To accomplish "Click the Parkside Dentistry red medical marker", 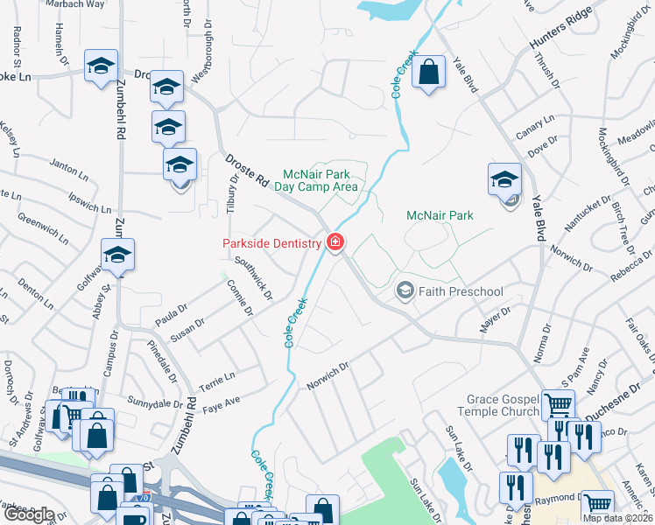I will (x=335, y=241).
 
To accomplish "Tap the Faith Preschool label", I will (x=461, y=291).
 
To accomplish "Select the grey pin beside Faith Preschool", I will (x=405, y=290).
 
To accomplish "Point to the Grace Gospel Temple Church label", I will (x=497, y=405).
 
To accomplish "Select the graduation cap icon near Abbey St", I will (x=117, y=255).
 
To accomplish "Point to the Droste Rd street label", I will (x=247, y=170).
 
